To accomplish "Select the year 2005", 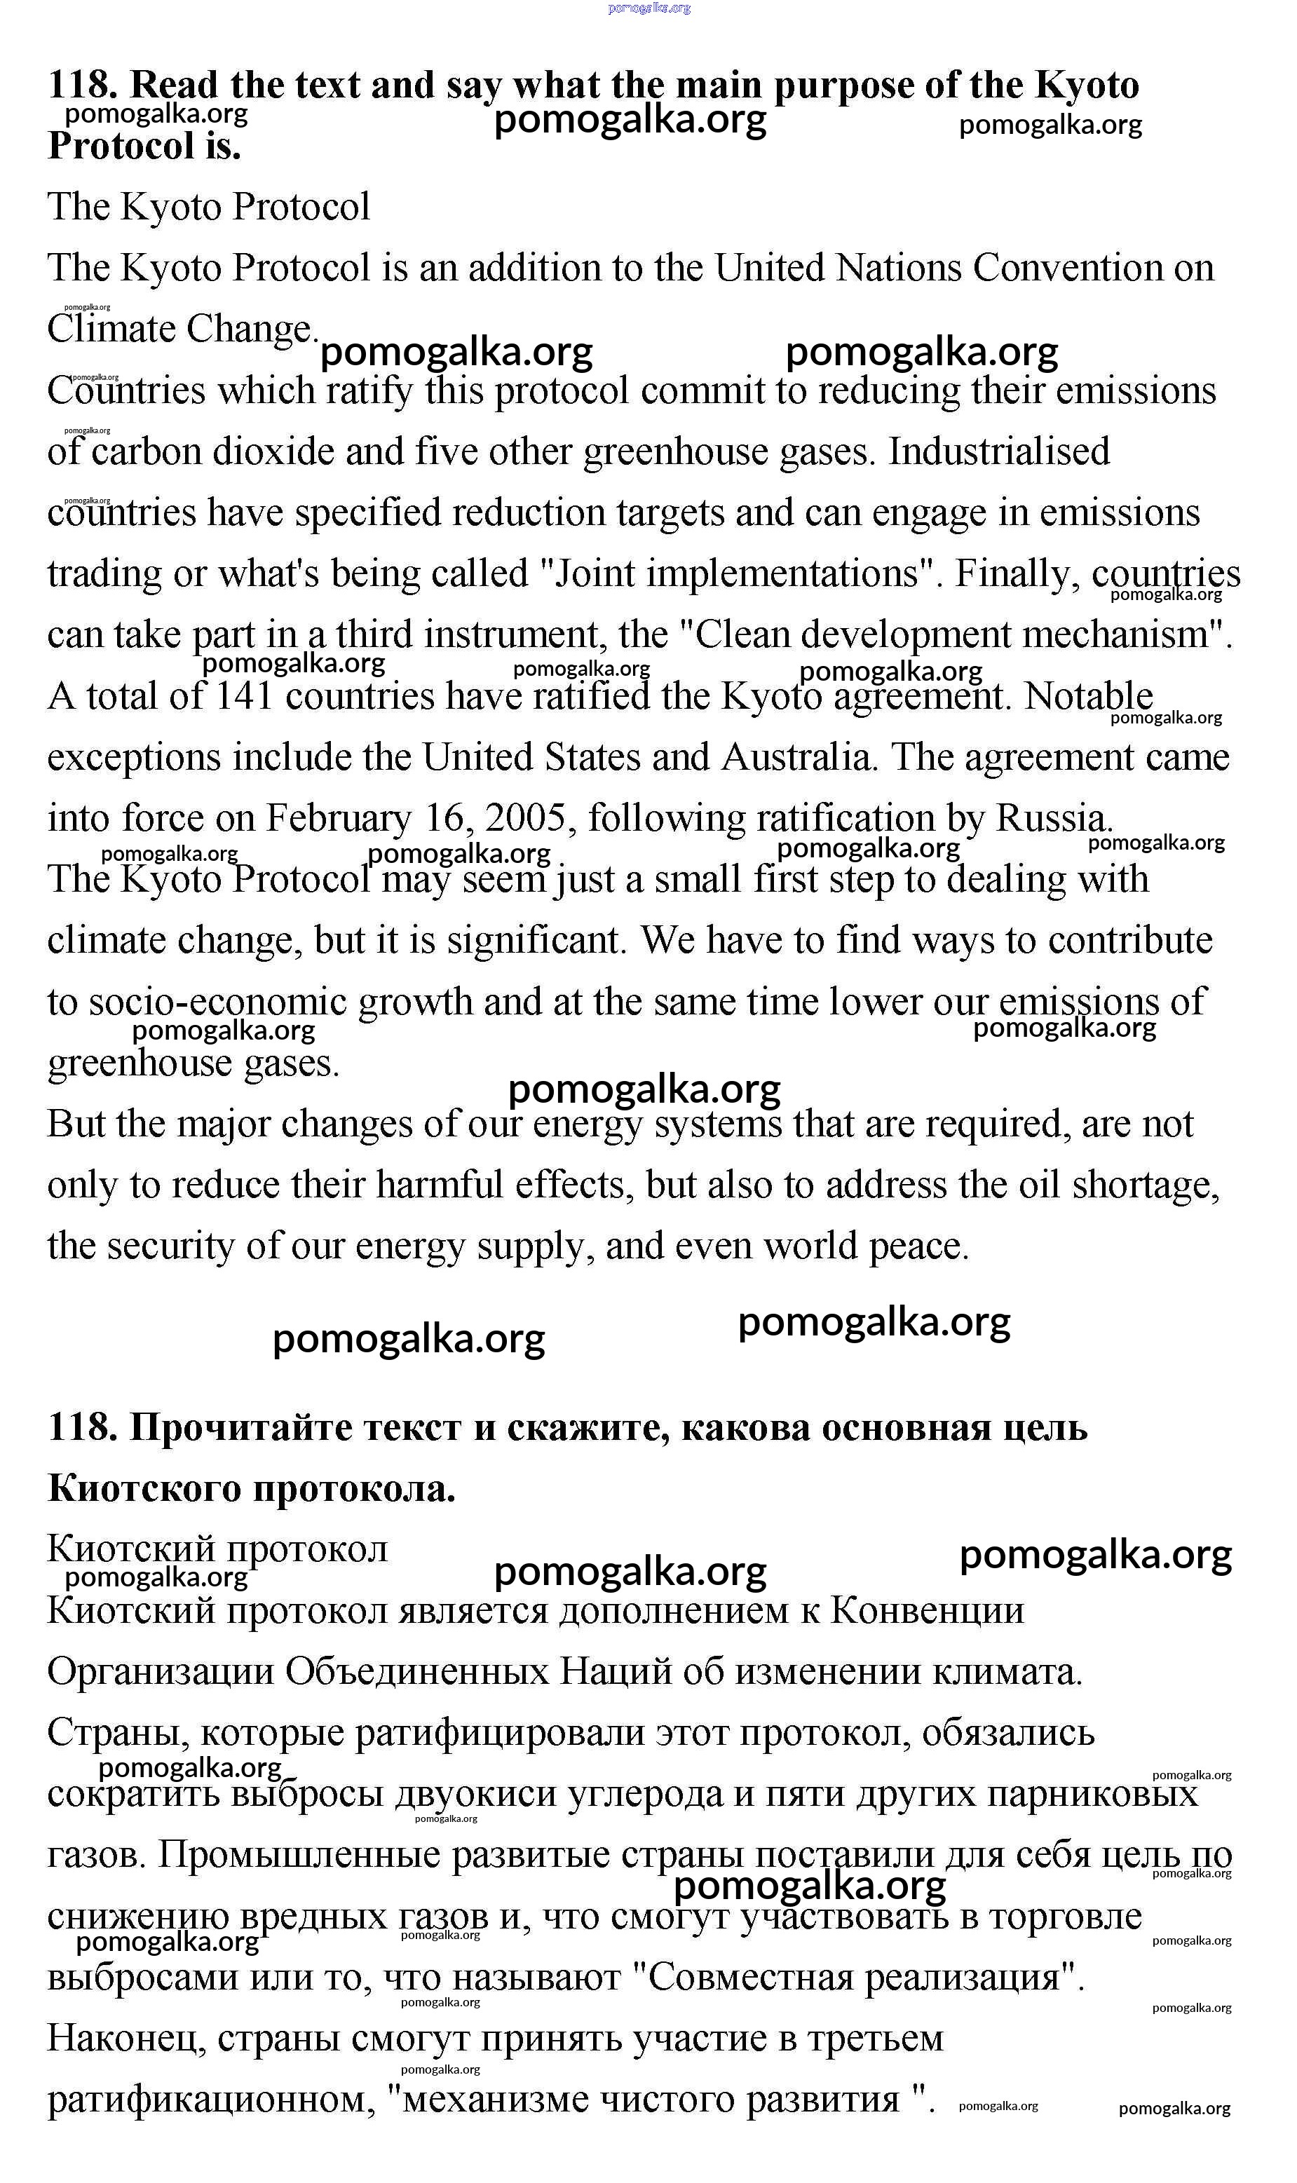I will pyautogui.click(x=524, y=819).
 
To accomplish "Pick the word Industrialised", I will pyautogui.click(x=998, y=451).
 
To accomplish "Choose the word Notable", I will pyautogui.click(x=1088, y=697).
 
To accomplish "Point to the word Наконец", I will pyautogui.click(x=126, y=2038).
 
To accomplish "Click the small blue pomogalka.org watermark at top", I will pyautogui.click(x=648, y=8).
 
